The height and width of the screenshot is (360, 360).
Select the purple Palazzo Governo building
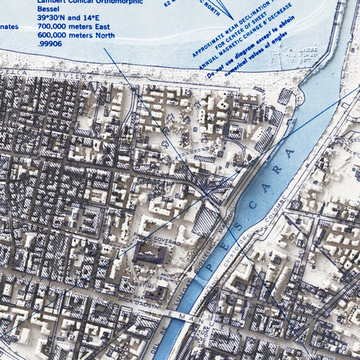[150, 255]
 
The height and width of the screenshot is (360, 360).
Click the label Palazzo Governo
[154, 241]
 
